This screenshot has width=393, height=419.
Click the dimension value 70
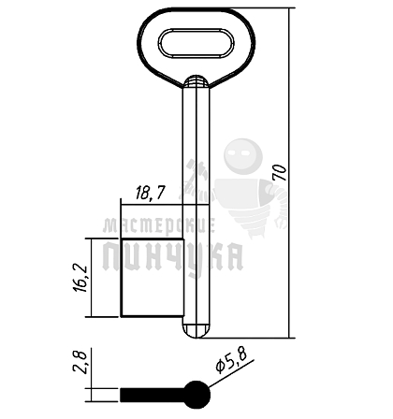tap(280, 173)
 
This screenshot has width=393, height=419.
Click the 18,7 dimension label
tap(151, 194)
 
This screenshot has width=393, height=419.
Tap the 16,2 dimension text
tap(80, 278)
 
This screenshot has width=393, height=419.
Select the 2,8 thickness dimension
tap(80, 361)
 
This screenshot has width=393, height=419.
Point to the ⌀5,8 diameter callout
tap(231, 361)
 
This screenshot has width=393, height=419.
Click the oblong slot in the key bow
tap(196, 43)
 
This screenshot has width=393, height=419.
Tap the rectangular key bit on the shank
tap(153, 278)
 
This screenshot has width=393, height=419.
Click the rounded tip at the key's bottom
tap(196, 331)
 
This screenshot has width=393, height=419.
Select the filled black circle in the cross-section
tap(196, 395)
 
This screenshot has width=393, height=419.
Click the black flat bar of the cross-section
tap(153, 395)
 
